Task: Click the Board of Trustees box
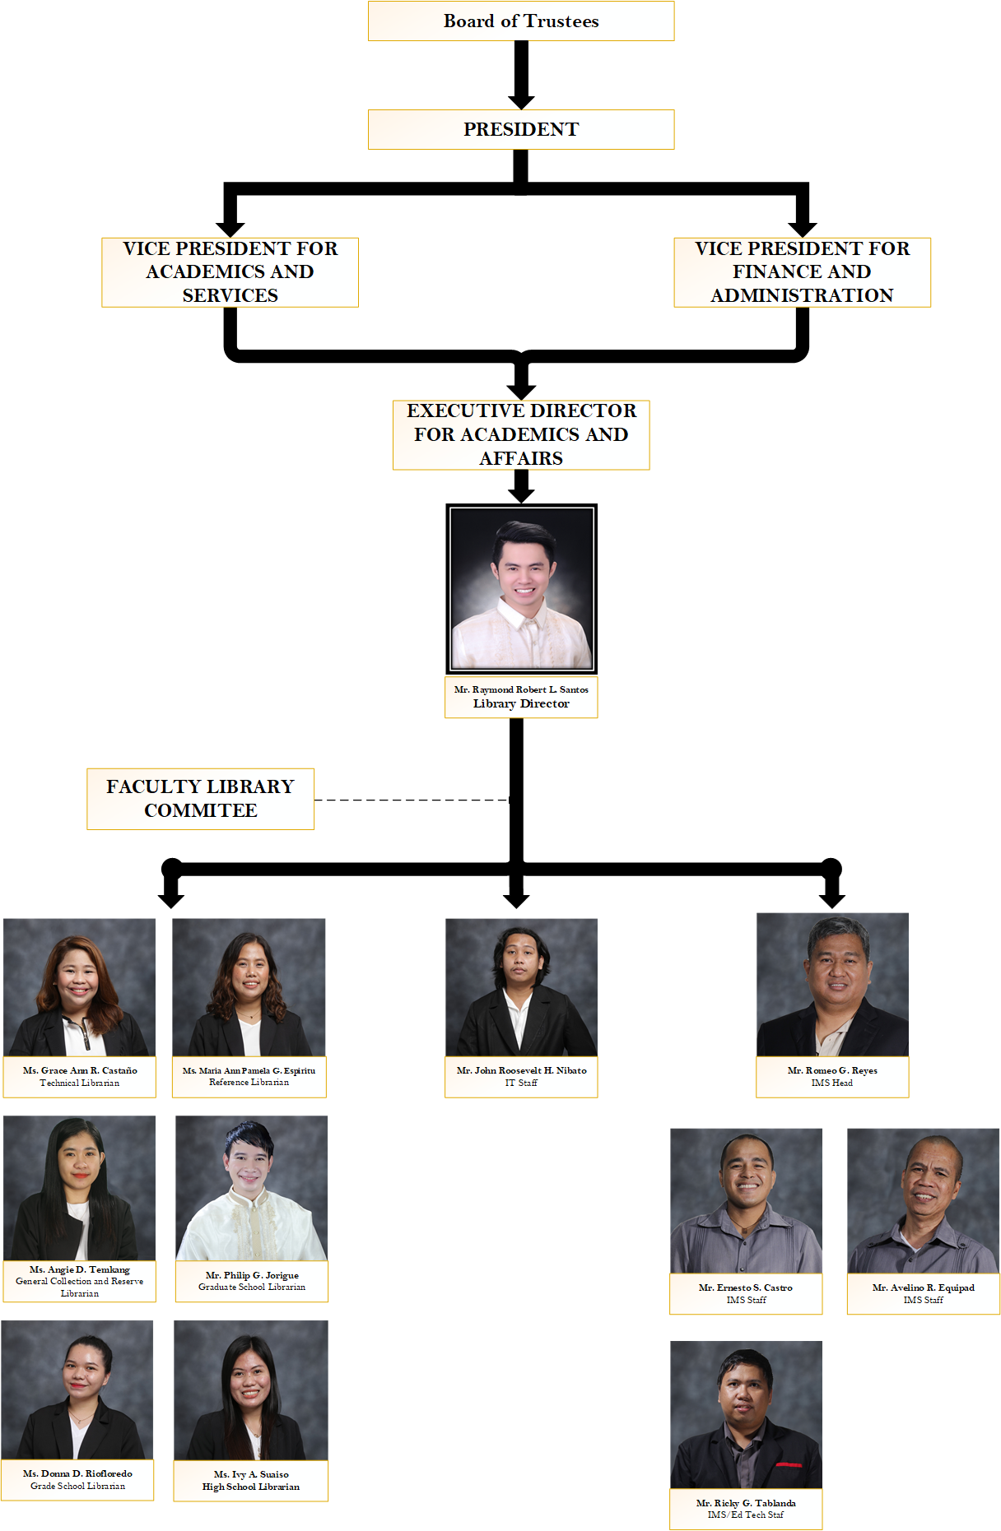coord(521,21)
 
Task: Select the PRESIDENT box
coord(521,129)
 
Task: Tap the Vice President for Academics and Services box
coord(230,272)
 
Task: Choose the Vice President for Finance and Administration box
coord(802,272)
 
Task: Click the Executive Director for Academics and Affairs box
coord(521,434)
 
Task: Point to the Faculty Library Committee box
coord(200,799)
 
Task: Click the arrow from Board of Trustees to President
coord(521,74)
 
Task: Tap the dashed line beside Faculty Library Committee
coord(412,800)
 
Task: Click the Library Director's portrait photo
coord(521,588)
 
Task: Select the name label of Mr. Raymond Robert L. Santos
coord(521,697)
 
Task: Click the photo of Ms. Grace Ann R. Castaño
coord(79,987)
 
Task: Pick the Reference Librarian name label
coord(249,1077)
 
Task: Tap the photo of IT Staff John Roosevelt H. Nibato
coord(521,987)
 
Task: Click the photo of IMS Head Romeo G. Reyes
coord(832,985)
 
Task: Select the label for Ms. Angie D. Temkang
coord(79,1281)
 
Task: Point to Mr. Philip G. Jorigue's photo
coord(251,1187)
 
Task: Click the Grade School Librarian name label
coord(77,1480)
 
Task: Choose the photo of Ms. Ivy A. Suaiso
coord(250,1390)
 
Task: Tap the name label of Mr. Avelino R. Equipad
coord(923,1294)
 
